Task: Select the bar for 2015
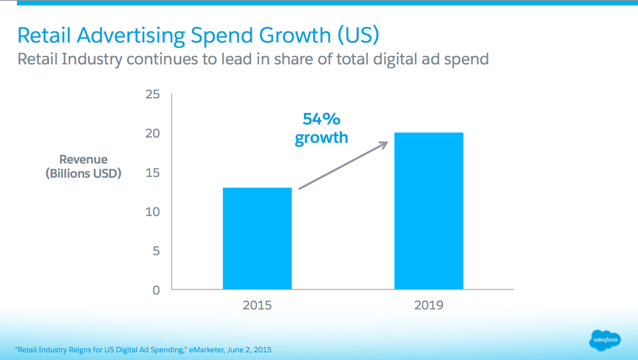tap(257, 239)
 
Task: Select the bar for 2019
tap(429, 211)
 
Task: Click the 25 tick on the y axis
tap(153, 95)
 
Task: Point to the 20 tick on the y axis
tap(153, 133)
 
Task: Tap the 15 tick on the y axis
tap(153, 173)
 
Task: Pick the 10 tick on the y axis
tap(153, 212)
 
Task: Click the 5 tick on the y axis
tap(156, 251)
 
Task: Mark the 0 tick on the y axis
tap(156, 290)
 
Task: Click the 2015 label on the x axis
tap(257, 305)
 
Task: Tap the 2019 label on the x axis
tap(429, 305)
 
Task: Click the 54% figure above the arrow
tap(321, 119)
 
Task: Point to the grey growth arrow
tap(343, 165)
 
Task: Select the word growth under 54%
tap(321, 138)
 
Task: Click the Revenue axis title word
tap(83, 159)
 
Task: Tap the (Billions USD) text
tap(83, 173)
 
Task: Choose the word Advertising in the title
tap(130, 35)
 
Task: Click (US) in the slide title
tap(358, 35)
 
